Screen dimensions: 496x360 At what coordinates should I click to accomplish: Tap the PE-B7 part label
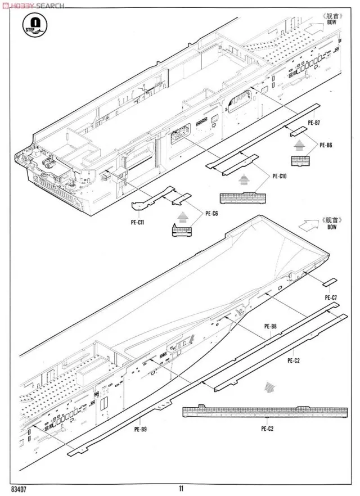314,123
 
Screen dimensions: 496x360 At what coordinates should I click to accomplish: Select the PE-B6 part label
326,146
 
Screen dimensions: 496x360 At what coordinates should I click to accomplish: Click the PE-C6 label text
211,213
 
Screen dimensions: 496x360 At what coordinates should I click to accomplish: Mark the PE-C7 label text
331,297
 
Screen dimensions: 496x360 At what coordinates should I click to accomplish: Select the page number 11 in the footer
180,489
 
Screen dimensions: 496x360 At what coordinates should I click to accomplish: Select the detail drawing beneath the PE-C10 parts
240,197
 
